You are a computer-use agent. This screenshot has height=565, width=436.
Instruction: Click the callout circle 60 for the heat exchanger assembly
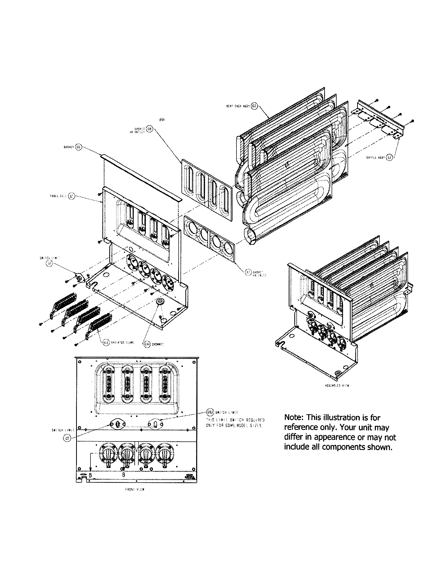pos(254,106)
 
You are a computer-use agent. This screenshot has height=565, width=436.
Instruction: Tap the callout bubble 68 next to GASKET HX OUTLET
pos(149,129)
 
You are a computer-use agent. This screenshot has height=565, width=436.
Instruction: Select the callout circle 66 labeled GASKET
pos(78,147)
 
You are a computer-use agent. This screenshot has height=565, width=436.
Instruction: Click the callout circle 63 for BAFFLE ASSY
pos(389,157)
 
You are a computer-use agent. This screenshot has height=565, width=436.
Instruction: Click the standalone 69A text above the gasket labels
pos(162,120)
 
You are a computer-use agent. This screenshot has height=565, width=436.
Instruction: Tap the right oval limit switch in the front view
pos(155,424)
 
